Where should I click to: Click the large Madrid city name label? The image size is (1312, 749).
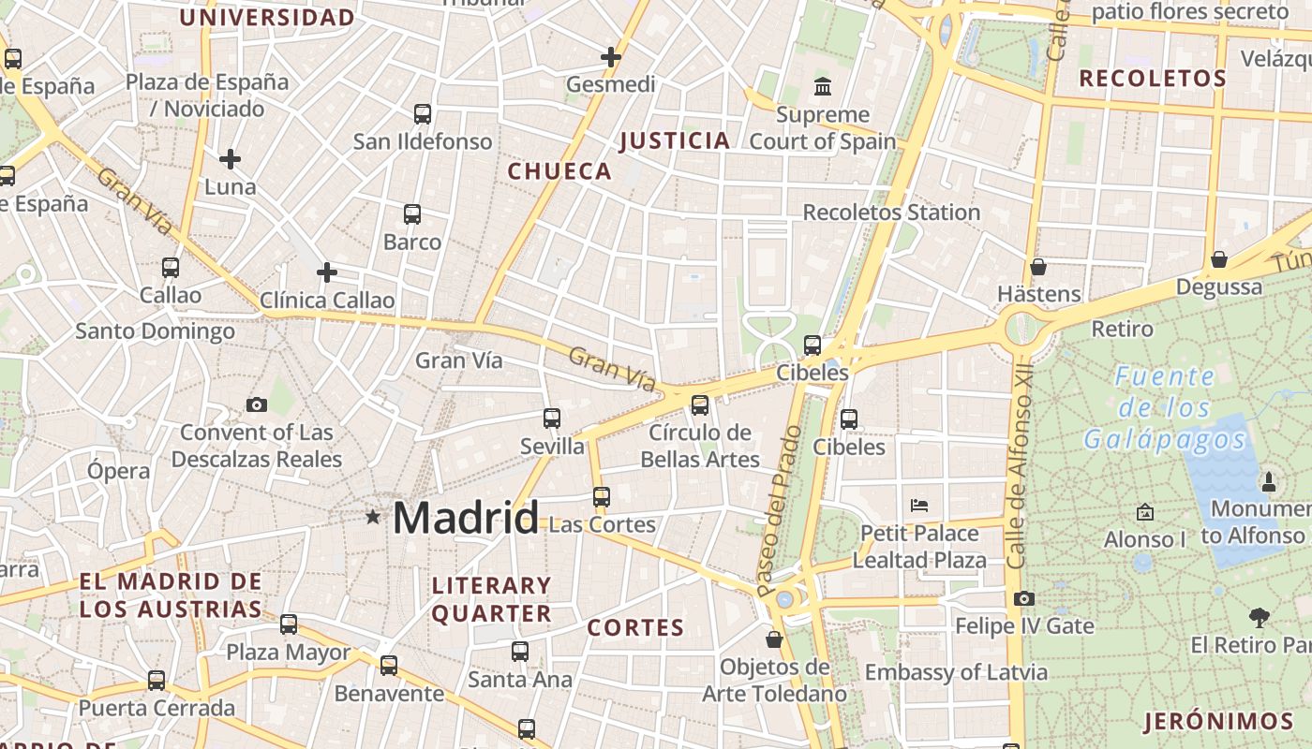(466, 518)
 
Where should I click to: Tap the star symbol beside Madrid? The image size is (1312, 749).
(373, 517)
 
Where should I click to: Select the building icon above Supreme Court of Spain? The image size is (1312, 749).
(823, 87)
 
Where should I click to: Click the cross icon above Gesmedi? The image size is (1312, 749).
(611, 57)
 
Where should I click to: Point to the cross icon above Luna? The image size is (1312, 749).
(230, 159)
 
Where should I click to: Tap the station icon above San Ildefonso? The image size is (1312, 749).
(423, 114)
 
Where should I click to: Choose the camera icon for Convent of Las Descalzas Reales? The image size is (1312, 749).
(256, 404)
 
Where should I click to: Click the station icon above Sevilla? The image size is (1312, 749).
(552, 419)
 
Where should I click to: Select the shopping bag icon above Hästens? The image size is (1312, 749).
(1038, 267)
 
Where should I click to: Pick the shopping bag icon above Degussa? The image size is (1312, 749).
(1219, 259)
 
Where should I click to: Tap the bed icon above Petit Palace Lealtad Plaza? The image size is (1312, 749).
(919, 506)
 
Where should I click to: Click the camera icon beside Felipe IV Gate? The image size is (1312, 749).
(1024, 598)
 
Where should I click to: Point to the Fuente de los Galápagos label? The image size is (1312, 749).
(1165, 408)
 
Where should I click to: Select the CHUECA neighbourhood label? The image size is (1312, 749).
(559, 171)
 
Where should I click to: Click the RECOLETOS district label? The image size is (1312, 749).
(1152, 79)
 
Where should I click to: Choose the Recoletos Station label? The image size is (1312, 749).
(891, 213)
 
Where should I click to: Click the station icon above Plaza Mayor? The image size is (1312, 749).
(289, 624)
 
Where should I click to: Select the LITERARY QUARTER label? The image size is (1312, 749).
(491, 599)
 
